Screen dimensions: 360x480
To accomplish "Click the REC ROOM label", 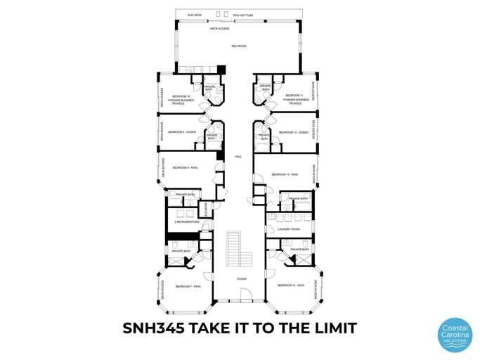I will pyautogui.click(x=239, y=46).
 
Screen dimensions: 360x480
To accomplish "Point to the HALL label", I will pyautogui.click(x=238, y=157).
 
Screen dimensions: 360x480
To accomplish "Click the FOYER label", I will pyautogui.click(x=241, y=278).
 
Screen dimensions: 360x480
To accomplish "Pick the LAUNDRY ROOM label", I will pyautogui.click(x=289, y=229).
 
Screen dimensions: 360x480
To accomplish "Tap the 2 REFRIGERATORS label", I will pyautogui.click(x=187, y=222).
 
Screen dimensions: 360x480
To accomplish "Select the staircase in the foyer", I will pyautogui.click(x=234, y=250).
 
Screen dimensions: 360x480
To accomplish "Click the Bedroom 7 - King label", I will pyautogui.click(x=188, y=286).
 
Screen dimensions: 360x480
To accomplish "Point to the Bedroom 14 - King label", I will pyautogui.click(x=290, y=285).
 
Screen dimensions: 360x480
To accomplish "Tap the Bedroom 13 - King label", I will pyautogui.click(x=285, y=174).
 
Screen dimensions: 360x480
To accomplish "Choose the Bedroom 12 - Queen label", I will pyautogui.click(x=294, y=132).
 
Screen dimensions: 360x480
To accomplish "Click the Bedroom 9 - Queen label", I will pyautogui.click(x=181, y=132).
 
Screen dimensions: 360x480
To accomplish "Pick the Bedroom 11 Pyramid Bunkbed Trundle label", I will pyautogui.click(x=297, y=98).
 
